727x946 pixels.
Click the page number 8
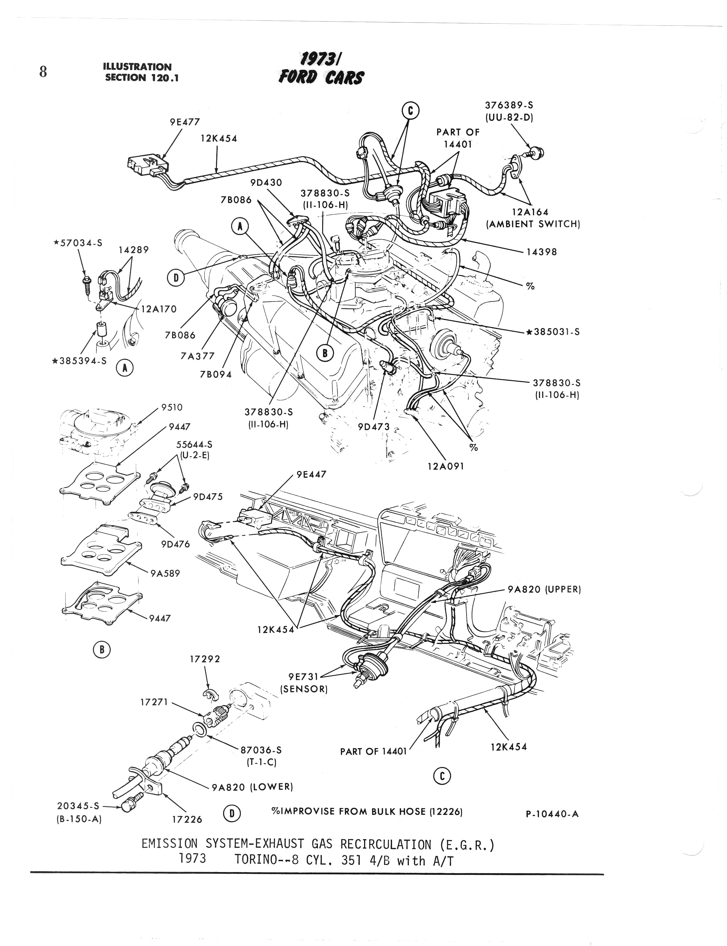pos(43,71)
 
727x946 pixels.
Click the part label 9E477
pos(185,122)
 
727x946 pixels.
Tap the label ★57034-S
pos(78,243)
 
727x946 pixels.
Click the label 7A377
pos(197,355)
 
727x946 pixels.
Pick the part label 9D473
pos(374,427)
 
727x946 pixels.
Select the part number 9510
pos(172,407)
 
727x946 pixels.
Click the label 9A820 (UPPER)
pos(544,589)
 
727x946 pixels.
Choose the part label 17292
pos(205,659)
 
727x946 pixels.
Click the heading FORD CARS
pos(321,78)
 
